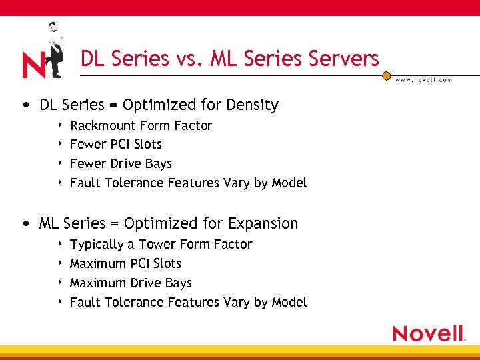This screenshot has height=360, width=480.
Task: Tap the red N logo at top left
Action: point(33,65)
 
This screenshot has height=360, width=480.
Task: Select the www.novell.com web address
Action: point(423,79)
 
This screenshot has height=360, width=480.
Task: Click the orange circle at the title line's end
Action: point(386,76)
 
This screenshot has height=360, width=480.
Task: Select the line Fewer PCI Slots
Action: point(116,144)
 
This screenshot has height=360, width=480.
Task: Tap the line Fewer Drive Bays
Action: point(121,163)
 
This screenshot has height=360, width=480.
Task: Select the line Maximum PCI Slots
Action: point(125,263)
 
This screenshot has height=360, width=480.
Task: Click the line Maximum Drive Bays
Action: point(131,283)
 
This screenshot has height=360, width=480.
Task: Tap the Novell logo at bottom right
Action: point(429,333)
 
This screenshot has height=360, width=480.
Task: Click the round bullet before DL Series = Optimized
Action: point(25,105)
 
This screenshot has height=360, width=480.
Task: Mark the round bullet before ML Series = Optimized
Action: point(25,224)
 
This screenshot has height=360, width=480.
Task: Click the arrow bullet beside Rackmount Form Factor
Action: point(60,125)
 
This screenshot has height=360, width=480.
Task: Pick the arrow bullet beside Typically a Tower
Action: point(60,244)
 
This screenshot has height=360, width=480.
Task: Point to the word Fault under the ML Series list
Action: point(85,302)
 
